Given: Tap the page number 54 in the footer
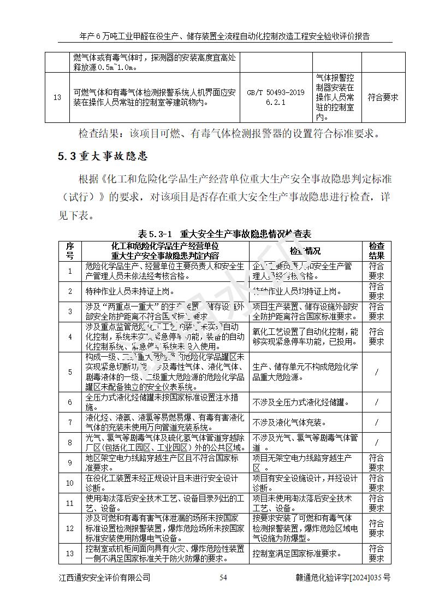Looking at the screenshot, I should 223,577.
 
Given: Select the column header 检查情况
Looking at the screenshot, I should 305,251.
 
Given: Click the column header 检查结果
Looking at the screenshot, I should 376,251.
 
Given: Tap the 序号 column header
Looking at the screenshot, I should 70,251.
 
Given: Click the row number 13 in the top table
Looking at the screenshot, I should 57,97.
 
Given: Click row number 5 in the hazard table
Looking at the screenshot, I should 70,372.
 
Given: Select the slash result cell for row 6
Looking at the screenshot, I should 376,402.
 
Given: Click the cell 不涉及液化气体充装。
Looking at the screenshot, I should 290,422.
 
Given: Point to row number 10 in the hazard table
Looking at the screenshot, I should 70,483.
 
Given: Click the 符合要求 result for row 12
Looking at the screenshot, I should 376,528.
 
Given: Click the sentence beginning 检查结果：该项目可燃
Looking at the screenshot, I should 228,133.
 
